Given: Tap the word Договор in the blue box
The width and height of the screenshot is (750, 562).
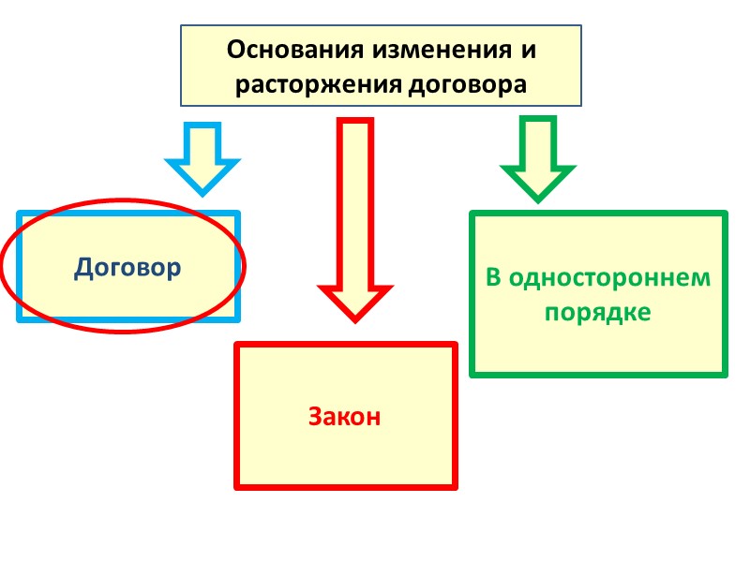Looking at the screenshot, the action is coord(127,269).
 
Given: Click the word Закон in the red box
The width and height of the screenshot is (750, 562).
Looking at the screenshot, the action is coord(345,417).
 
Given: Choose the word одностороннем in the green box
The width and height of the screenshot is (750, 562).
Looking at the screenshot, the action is coord(608,278).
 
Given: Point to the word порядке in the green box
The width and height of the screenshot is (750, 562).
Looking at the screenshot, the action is coord(597,312).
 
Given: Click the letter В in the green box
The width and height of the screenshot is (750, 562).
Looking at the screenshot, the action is coord(493,278).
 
